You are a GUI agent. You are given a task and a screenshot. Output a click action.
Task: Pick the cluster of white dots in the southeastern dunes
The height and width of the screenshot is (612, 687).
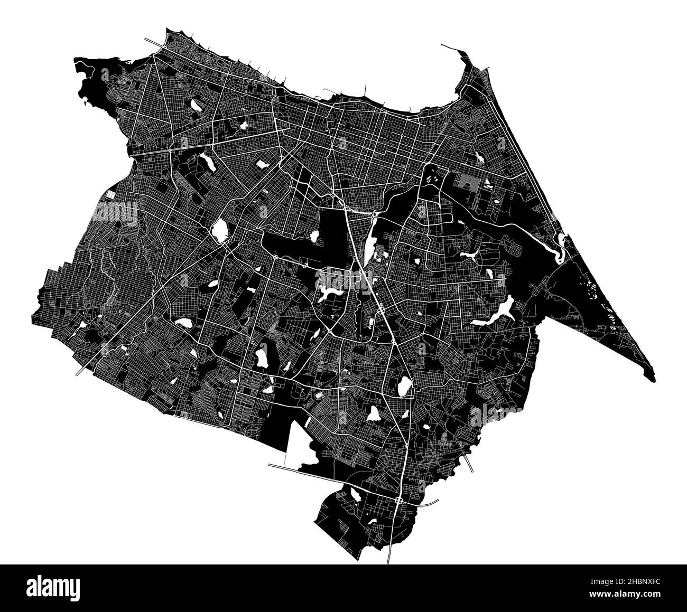589,288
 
